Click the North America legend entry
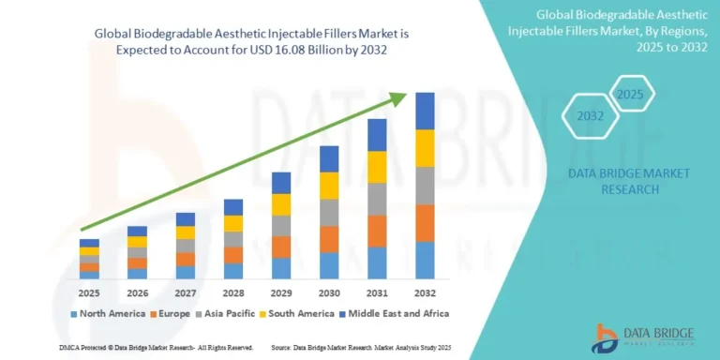pyautogui.click(x=109, y=313)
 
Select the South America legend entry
pyautogui.click(x=323, y=313)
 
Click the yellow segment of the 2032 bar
pyautogui.click(x=425, y=148)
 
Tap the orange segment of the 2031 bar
pyautogui.click(x=377, y=231)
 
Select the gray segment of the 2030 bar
pyautogui.click(x=329, y=213)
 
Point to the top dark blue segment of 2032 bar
pyautogui.click(x=425, y=111)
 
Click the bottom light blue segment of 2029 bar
pyautogui.click(x=281, y=268)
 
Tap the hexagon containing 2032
pyautogui.click(x=590, y=118)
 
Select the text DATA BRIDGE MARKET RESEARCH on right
pyautogui.click(x=615, y=181)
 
